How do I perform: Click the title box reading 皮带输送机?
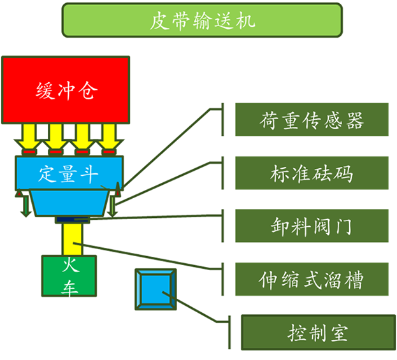[202, 20]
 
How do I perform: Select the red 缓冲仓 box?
[66, 89]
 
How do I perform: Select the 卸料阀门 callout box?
[312, 226]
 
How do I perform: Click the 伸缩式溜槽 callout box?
[312, 279]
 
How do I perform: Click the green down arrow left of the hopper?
[25, 204]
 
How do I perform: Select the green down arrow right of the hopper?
[113, 204]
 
